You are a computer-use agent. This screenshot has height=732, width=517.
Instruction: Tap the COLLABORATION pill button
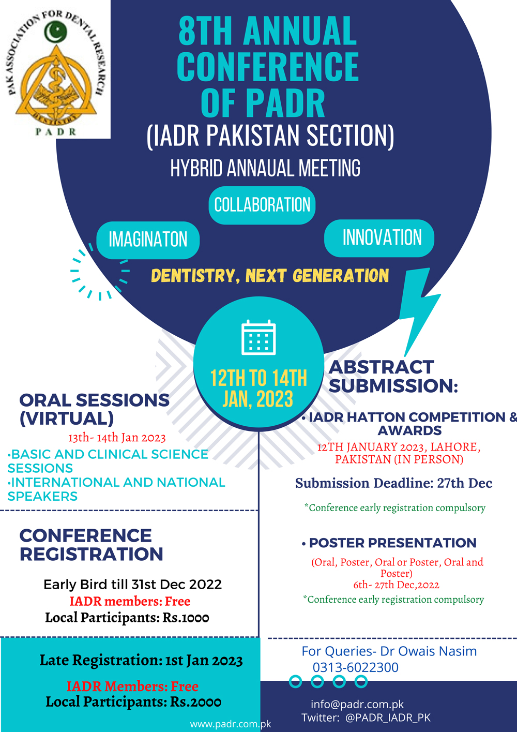tap(262, 205)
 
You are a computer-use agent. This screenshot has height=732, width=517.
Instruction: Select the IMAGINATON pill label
tap(148, 240)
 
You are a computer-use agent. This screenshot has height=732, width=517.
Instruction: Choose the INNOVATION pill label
tap(379, 238)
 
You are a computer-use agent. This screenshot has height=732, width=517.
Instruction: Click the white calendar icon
tap(258, 337)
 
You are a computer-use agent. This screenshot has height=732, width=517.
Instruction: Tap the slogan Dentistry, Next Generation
tap(270, 276)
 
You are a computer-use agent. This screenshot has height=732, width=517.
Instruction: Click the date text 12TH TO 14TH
tap(258, 378)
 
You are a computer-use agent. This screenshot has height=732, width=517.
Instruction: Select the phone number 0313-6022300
tap(355, 667)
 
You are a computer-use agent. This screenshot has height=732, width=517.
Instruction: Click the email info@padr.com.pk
tap(357, 704)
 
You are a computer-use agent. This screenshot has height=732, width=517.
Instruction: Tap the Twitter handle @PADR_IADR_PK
tap(388, 718)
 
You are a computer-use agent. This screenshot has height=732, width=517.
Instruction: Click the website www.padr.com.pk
tap(231, 724)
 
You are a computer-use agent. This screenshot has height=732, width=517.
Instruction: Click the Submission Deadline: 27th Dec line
tap(393, 483)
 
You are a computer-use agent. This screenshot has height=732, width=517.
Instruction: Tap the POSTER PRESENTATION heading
tap(392, 543)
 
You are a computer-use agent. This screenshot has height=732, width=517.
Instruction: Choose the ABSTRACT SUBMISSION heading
tap(393, 377)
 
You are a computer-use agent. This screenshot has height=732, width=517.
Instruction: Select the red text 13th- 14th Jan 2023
tap(117, 438)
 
